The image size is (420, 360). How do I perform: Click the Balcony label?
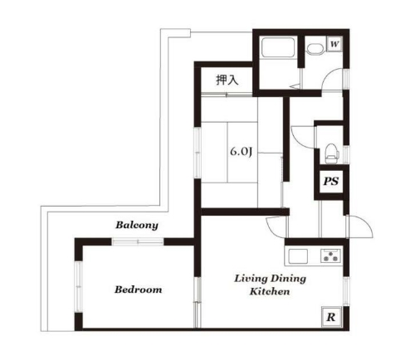(x=137, y=225)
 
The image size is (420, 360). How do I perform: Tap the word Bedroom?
(x=138, y=289)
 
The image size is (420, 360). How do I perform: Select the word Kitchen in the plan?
(x=270, y=291)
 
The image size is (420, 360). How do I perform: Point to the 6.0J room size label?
(x=242, y=152)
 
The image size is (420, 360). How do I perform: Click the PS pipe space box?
(x=331, y=182)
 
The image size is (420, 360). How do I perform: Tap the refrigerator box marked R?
(x=331, y=317)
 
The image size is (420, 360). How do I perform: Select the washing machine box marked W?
(x=335, y=44)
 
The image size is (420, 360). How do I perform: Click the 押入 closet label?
(x=227, y=80)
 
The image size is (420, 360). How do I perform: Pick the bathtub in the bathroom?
(x=278, y=47)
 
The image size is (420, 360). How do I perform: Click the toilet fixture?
(x=332, y=153)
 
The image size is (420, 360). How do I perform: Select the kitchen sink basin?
(x=298, y=256)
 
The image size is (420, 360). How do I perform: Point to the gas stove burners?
(x=330, y=255)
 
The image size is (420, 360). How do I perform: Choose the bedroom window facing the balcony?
(x=138, y=242)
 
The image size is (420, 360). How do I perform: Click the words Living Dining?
(x=270, y=278)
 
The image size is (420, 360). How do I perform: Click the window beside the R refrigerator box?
(x=346, y=291)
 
